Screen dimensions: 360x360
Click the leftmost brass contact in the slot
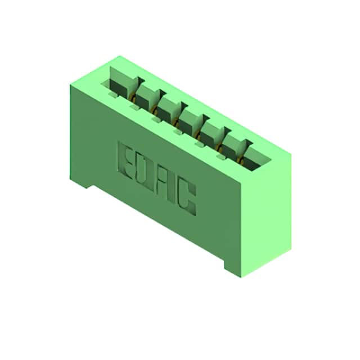[133, 97]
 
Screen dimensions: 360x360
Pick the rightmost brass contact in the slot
[240, 160]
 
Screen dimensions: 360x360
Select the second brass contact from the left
[154, 110]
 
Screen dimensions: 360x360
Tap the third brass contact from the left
[176, 123]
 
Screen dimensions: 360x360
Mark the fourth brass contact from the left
[197, 135]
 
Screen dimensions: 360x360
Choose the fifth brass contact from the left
[220, 148]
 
